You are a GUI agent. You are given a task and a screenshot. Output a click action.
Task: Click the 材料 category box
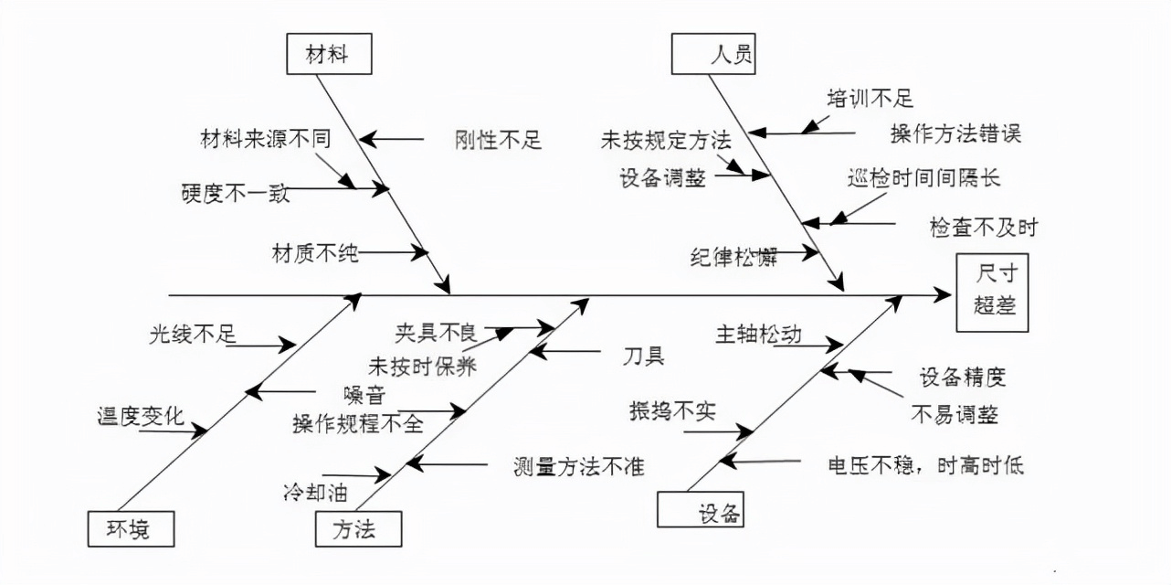tap(328, 55)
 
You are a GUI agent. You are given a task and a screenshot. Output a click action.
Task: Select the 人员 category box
tap(715, 54)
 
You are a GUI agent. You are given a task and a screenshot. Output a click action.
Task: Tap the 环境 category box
tap(131, 528)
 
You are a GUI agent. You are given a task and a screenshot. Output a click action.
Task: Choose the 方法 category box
tap(358, 528)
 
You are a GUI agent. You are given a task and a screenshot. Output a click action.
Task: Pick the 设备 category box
tap(701, 510)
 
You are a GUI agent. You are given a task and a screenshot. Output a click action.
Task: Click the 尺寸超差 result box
tap(991, 292)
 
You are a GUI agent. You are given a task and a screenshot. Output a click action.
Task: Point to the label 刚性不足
tap(498, 140)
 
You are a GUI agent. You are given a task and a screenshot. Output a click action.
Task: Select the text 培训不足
tap(870, 99)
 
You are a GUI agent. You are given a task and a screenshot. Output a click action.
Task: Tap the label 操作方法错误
tap(955, 134)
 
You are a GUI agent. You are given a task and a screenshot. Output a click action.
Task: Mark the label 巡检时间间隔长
tap(923, 177)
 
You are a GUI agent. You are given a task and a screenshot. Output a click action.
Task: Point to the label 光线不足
tap(193, 334)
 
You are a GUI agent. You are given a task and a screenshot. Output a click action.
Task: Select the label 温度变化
tap(141, 417)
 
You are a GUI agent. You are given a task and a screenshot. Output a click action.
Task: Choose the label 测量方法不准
tap(579, 466)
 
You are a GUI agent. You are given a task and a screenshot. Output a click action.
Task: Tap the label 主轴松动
tap(758, 335)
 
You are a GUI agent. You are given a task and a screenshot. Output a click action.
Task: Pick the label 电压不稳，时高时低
tap(925, 465)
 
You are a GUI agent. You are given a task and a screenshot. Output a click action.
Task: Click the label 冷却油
tap(315, 492)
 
